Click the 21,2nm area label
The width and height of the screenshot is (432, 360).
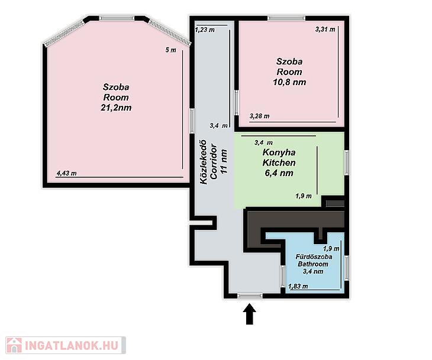116,108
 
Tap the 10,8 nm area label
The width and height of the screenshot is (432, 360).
289,82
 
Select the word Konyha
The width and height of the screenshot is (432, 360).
279,153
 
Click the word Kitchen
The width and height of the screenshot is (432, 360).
279,163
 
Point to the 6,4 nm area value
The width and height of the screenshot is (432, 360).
279,173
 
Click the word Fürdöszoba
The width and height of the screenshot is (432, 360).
314,257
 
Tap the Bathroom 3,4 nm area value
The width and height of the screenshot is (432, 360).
313,272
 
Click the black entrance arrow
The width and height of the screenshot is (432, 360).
250,314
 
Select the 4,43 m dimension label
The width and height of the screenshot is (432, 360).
66,173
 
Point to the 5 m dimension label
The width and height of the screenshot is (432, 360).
170,50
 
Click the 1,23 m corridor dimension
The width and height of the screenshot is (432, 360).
205,30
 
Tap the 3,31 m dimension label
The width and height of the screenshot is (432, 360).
325,30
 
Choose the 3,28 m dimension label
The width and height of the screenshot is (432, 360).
260,116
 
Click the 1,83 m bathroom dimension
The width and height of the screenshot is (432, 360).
298,287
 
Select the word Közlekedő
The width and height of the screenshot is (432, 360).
204,162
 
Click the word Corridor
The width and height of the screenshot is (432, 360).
214,162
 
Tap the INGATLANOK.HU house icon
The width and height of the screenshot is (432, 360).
14,345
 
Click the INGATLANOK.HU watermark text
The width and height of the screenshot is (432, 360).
72,345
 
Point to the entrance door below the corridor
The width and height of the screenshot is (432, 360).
250,296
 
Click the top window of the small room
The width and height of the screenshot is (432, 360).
286,18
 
